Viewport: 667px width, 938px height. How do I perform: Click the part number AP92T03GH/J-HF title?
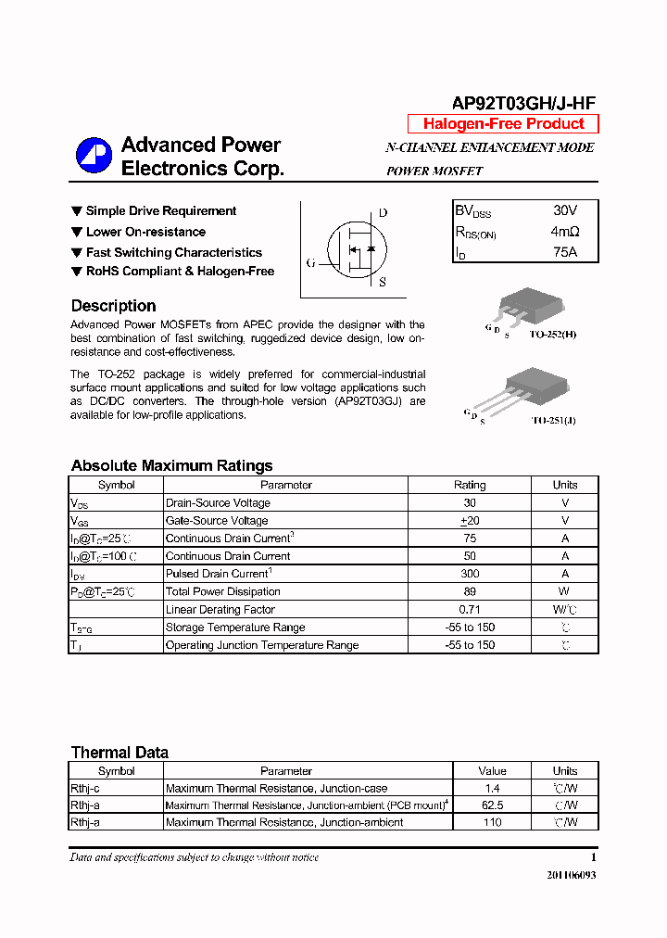(523, 105)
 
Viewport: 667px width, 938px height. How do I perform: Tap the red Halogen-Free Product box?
(503, 124)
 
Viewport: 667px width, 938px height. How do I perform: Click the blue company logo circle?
(93, 156)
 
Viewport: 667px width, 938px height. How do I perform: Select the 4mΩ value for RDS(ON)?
(564, 232)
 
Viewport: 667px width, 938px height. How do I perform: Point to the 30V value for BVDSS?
(564, 211)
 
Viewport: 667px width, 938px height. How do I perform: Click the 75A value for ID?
(564, 252)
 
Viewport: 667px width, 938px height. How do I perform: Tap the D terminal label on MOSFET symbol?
(383, 213)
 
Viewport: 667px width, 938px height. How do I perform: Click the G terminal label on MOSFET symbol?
(311, 263)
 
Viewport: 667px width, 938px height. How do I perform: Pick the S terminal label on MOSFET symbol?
(382, 283)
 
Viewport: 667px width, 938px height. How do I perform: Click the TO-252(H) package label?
(553, 334)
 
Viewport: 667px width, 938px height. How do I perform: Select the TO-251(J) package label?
(553, 420)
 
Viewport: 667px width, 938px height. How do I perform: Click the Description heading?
(113, 306)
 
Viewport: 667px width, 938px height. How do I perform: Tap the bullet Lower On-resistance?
(145, 232)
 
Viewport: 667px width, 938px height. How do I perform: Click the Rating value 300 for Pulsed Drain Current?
(470, 574)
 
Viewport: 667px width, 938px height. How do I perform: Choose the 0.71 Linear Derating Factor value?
(470, 609)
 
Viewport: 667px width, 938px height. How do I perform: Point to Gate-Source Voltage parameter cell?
(217, 521)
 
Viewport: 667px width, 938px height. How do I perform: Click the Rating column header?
(470, 485)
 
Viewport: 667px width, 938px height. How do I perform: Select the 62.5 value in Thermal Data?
(492, 805)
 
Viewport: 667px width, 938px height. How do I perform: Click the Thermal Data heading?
(120, 753)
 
